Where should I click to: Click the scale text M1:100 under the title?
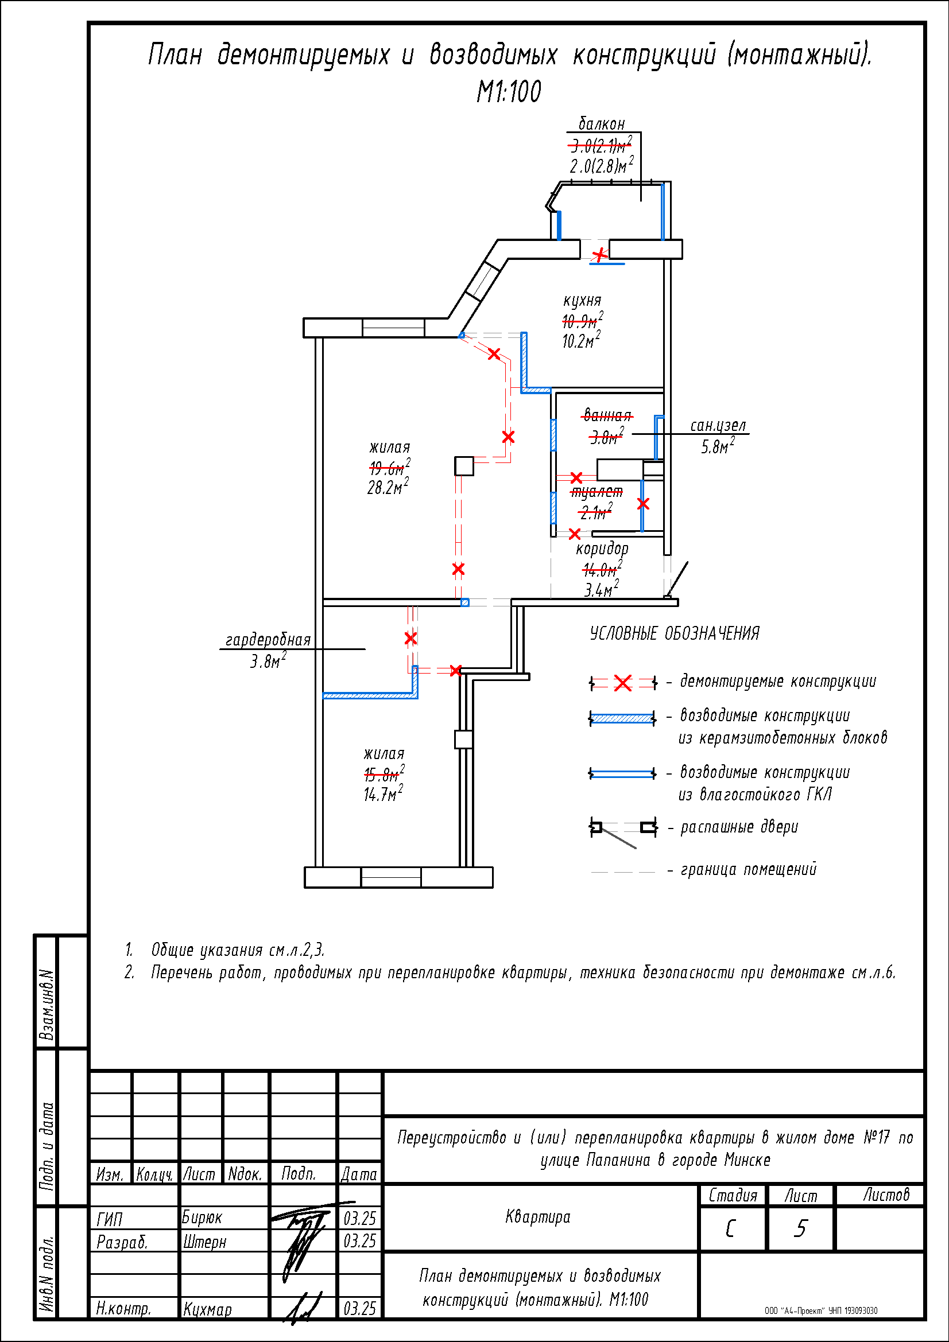coord(509,92)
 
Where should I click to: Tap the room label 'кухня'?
coord(582,301)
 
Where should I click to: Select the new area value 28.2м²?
coord(387,487)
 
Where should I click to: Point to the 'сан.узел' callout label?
coord(718,426)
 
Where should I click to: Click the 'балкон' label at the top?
coord(602,124)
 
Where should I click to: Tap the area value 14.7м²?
coord(383,793)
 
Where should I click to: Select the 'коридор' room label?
coord(602,549)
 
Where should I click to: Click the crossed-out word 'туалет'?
coord(596,492)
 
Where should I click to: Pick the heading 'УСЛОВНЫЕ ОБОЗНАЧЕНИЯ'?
coord(674,633)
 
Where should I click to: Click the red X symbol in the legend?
coord(623,683)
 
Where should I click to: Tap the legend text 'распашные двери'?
coord(739,827)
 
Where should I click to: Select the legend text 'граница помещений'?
coord(749,870)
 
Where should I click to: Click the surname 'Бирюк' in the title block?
coord(202,1217)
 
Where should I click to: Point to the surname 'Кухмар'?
coord(207,1309)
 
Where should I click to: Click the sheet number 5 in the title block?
coord(800,1228)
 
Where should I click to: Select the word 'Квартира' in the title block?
coord(537,1217)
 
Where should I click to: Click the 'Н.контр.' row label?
coord(123,1309)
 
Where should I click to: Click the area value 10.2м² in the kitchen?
coord(580,341)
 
